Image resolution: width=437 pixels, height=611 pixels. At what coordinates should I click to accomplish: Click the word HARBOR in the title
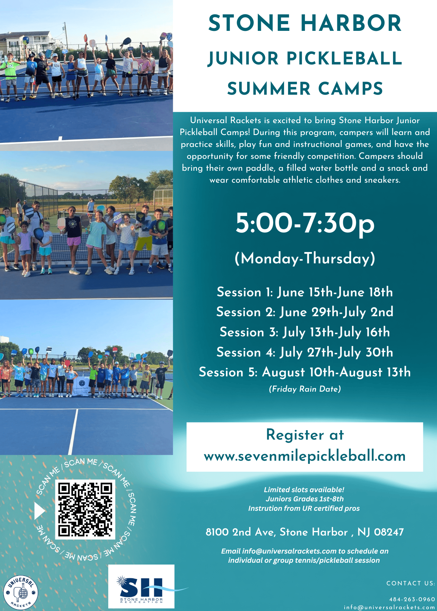(x=351, y=23)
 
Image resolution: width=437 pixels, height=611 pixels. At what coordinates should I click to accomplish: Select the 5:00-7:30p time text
(x=305, y=223)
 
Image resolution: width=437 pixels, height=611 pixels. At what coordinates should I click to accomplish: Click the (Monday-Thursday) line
(x=305, y=258)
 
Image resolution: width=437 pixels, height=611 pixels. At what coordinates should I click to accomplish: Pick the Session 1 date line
(x=305, y=292)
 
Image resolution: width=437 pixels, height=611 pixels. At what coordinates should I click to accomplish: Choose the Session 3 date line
(x=305, y=332)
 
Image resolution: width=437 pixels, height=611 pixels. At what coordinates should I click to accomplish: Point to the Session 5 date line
(x=305, y=372)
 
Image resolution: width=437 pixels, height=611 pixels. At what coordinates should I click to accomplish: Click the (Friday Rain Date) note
(x=305, y=389)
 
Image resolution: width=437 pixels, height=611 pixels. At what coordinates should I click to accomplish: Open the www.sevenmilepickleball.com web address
(x=305, y=456)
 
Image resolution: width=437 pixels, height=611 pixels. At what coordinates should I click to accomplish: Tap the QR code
(x=85, y=510)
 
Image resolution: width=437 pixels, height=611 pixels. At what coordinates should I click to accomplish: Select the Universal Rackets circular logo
(x=21, y=593)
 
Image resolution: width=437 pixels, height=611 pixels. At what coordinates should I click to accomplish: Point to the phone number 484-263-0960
(x=412, y=599)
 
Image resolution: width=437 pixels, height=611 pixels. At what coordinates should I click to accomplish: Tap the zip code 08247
(x=389, y=532)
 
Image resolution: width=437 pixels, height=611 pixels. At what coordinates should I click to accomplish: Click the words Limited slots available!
(x=304, y=490)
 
